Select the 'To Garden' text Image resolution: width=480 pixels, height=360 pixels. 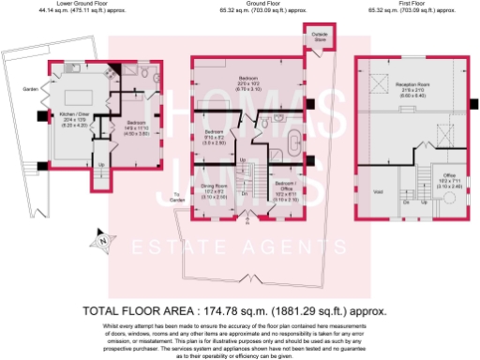(x=176, y=198)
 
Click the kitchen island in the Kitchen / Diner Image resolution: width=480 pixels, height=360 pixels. (x=73, y=97)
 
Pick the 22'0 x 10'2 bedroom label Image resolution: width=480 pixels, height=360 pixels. (x=247, y=81)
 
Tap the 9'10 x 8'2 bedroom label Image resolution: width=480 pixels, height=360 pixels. (x=216, y=137)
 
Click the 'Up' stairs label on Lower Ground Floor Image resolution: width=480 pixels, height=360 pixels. (x=101, y=166)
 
